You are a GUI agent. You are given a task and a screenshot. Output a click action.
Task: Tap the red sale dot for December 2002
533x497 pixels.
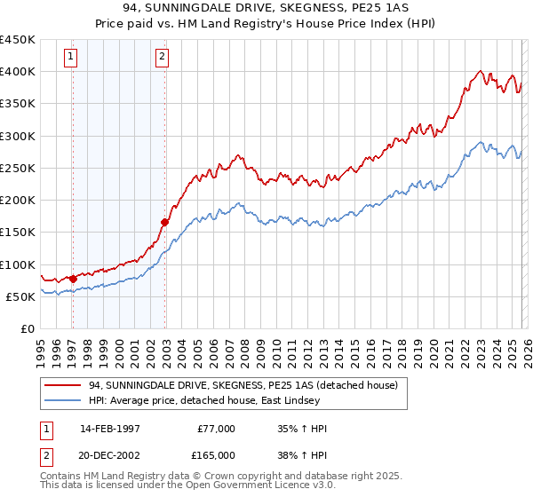point(164,223)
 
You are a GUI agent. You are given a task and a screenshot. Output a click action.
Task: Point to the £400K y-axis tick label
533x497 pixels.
point(18,72)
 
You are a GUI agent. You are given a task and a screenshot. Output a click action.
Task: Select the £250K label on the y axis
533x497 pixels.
point(18,168)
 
